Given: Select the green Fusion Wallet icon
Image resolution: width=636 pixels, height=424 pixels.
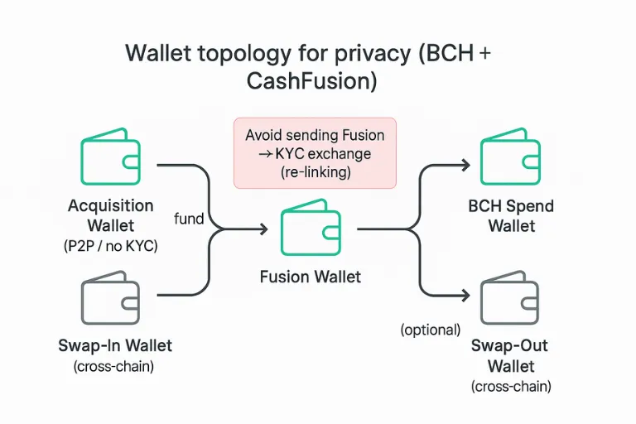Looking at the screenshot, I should (311, 230).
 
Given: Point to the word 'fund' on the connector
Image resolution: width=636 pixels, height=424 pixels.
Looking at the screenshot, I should (190, 219).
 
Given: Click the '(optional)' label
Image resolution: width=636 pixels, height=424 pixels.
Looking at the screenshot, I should (430, 330).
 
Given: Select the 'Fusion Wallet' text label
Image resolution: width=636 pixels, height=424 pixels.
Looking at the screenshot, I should (311, 277).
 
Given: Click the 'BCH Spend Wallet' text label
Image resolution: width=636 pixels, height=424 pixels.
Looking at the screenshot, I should (510, 215).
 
